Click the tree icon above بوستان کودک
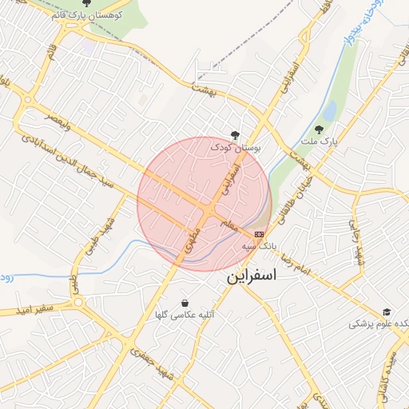point(233,135)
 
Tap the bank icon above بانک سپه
point(259,234)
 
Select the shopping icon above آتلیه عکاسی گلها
point(185,304)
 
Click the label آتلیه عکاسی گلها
point(186,316)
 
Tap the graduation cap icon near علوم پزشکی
point(387,312)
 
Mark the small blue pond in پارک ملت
point(329,110)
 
